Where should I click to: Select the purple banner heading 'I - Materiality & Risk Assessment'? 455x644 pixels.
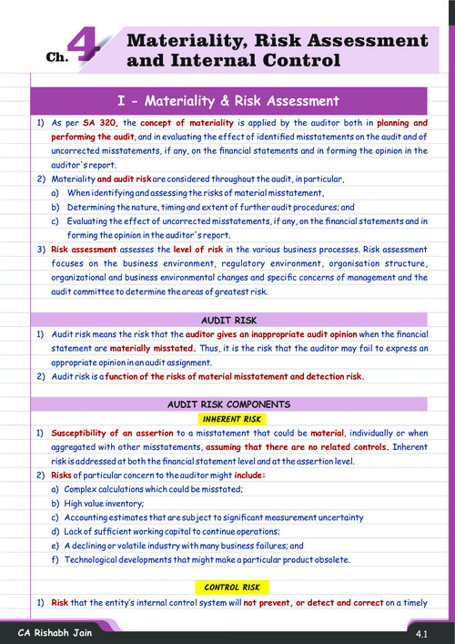click(228, 101)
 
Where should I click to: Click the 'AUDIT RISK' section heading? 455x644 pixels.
click(228, 320)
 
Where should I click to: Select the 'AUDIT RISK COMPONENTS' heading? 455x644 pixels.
click(228, 403)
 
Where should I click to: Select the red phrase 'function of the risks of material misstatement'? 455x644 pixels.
click(224, 376)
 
